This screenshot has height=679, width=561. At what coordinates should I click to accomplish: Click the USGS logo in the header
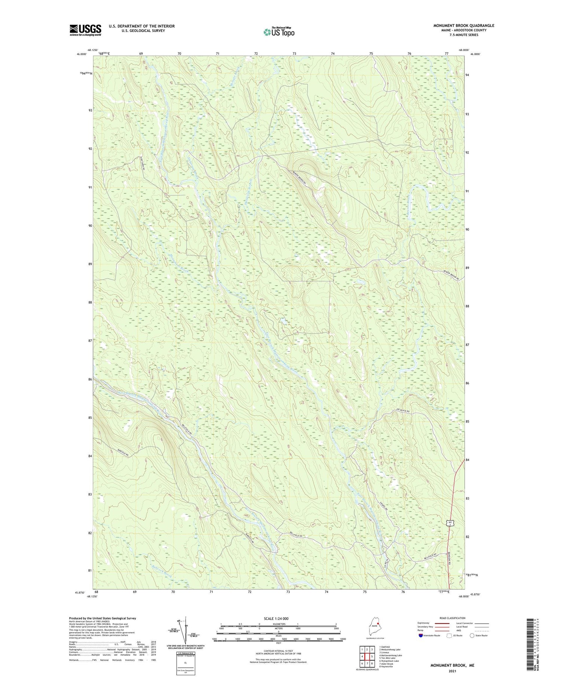click(x=85, y=30)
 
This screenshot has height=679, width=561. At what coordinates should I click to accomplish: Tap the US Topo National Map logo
click(x=279, y=32)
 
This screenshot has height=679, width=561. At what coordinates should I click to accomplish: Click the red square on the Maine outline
click(x=378, y=624)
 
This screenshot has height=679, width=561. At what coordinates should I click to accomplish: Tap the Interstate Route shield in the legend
click(x=420, y=636)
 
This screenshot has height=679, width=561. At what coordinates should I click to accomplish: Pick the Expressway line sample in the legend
click(x=442, y=624)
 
